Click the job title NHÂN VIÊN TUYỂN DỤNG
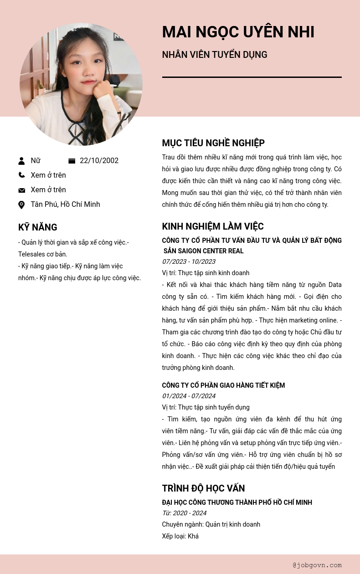[214, 55]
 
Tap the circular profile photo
[81, 84]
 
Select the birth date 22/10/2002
[99, 160]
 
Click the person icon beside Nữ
[21, 161]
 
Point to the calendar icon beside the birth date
[72, 161]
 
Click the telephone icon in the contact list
[21, 175]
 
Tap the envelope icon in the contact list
[21, 190]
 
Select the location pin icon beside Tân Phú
[21, 205]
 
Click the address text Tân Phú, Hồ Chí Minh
[65, 204]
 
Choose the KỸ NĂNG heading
[37, 227]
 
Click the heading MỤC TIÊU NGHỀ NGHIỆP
[213, 143]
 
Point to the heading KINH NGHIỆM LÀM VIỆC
[213, 226]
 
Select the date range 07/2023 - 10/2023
[189, 261]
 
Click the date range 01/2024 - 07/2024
[189, 396]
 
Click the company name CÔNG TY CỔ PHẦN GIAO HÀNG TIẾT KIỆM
[223, 385]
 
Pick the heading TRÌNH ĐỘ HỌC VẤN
[203, 488]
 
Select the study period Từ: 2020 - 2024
[184, 513]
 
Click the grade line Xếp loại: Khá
[180, 536]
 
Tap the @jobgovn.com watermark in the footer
[317, 565]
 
